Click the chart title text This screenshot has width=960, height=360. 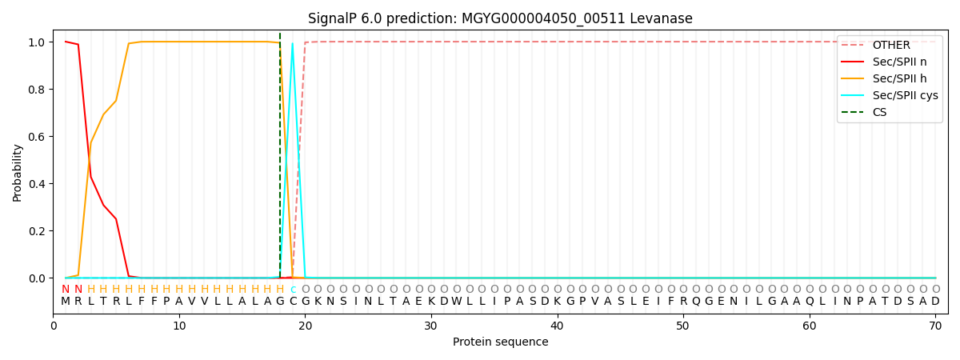[500, 18]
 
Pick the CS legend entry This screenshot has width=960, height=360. [879, 113]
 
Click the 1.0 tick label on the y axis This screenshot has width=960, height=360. [38, 42]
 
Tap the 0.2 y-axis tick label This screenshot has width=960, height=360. [38, 231]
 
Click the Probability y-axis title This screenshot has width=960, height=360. [18, 172]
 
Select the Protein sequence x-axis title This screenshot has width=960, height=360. [500, 342]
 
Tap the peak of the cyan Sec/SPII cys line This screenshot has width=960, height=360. [292, 43]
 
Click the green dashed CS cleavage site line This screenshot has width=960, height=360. [280, 160]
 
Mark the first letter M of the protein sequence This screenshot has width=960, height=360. [66, 302]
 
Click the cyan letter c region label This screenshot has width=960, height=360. [293, 290]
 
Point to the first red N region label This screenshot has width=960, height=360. [66, 290]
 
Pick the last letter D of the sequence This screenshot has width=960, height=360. [935, 302]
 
